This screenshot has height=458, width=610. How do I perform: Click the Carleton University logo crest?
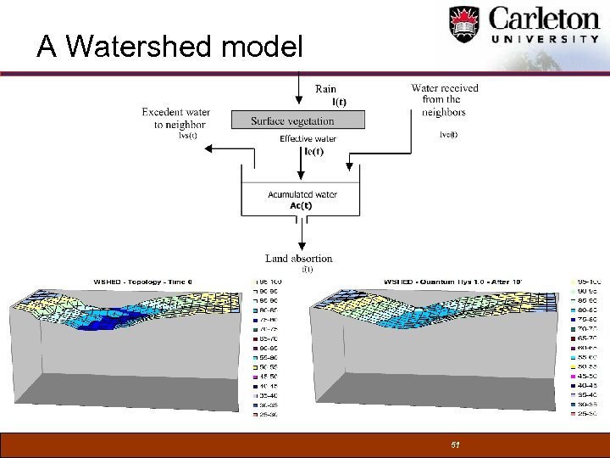[464, 25]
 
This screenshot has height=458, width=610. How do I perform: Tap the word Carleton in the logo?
[542, 19]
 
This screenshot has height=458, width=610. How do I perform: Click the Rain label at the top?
[325, 89]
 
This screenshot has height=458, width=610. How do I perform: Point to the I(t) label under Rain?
[338, 102]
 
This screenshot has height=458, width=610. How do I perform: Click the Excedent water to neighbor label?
[175, 119]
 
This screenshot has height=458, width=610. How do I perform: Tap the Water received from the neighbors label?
[444, 99]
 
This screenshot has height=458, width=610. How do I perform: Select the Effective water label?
[308, 139]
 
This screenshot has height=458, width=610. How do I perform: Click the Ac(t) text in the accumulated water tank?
[301, 205]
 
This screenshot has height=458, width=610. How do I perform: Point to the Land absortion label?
[298, 259]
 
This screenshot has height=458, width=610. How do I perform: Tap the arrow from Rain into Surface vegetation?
[297, 93]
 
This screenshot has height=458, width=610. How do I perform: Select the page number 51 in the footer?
[455, 444]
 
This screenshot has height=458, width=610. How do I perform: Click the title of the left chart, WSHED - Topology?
[143, 282]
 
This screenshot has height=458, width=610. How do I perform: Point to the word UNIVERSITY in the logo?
[546, 39]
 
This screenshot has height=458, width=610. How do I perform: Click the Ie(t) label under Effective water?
[313, 151]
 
